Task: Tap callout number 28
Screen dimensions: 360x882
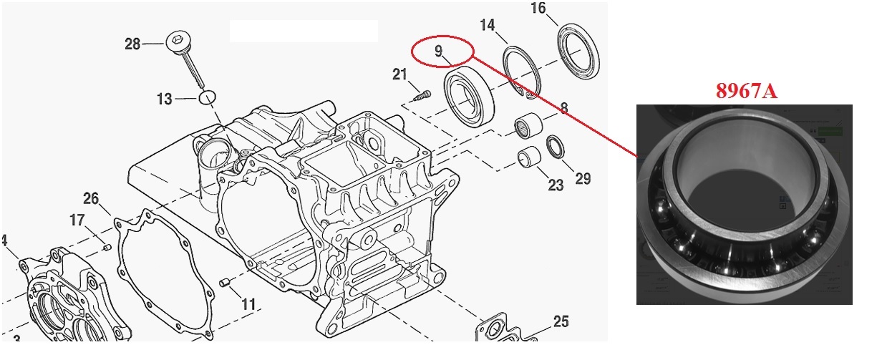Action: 132,44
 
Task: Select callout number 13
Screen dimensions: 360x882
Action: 165,99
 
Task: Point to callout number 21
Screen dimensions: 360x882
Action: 399,74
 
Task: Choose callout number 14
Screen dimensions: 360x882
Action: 487,26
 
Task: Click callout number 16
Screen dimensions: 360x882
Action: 538,8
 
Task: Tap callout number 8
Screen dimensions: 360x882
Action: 563,108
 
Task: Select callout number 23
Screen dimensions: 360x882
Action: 556,185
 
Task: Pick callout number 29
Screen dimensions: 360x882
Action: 583,178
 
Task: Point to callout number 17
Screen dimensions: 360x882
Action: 77,220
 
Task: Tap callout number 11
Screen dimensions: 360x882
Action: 248,304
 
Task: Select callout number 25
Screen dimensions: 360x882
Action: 561,321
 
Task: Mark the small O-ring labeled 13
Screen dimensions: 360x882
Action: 206,97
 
